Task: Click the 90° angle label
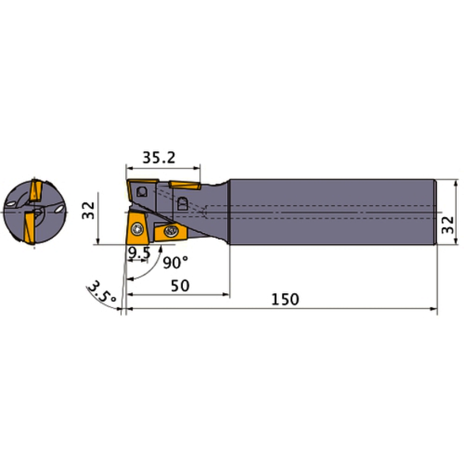(x=176, y=262)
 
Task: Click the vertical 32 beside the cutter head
(x=89, y=211)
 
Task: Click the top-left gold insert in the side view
(x=139, y=191)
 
